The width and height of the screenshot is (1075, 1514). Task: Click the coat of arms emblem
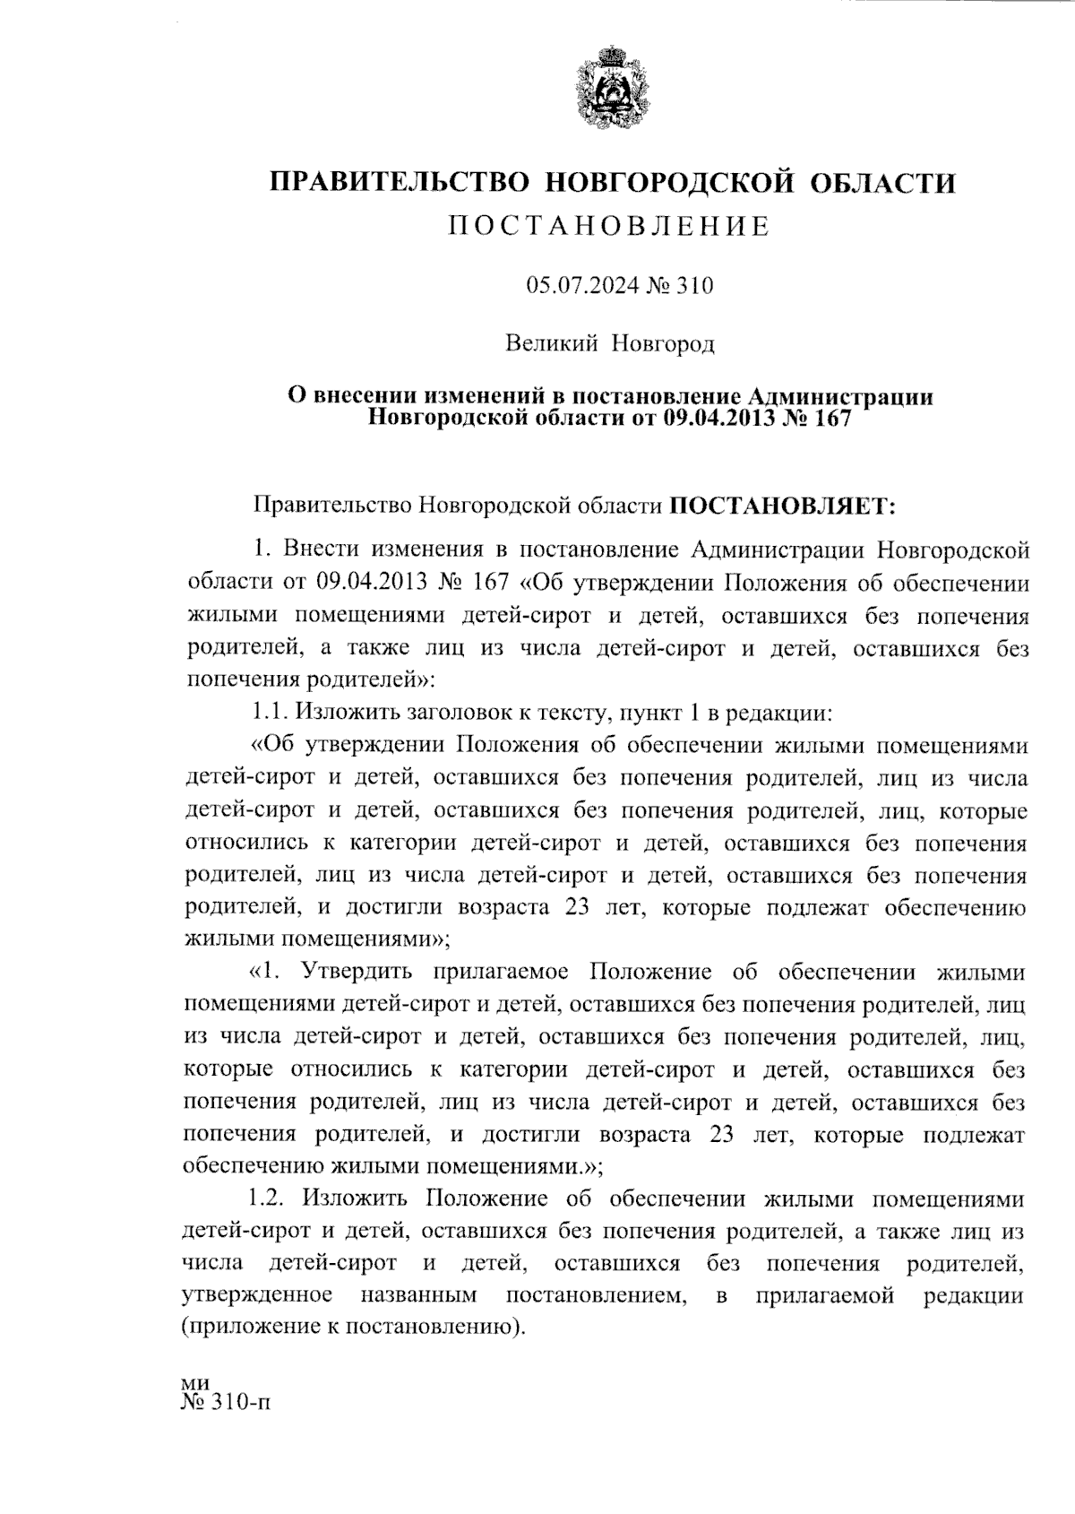pyautogui.click(x=614, y=87)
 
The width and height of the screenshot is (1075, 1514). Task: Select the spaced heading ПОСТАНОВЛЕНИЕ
pyautogui.click(x=608, y=226)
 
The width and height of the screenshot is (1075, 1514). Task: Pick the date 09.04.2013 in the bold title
pyautogui.click(x=711, y=417)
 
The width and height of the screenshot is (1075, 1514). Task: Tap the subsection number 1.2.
pyautogui.click(x=270, y=1198)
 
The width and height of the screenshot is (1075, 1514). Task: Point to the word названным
pyautogui.click(x=419, y=1296)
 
